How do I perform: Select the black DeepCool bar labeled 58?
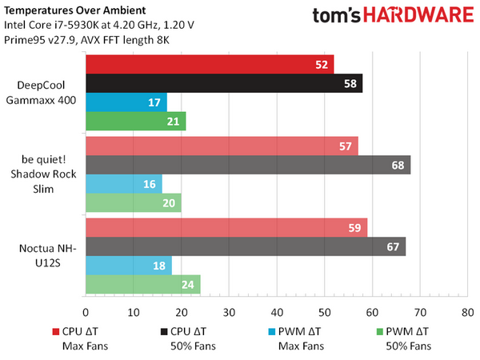click(x=224, y=83)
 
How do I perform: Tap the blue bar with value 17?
click(x=126, y=102)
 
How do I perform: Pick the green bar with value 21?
click(x=135, y=122)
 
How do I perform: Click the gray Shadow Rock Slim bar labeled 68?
click(x=248, y=165)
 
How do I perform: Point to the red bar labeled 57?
click(x=222, y=146)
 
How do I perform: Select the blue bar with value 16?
click(x=123, y=184)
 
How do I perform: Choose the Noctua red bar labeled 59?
click(x=226, y=227)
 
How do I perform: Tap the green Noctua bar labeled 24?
click(x=142, y=285)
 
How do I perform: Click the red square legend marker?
click(x=56, y=331)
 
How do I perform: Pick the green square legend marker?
click(x=380, y=331)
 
